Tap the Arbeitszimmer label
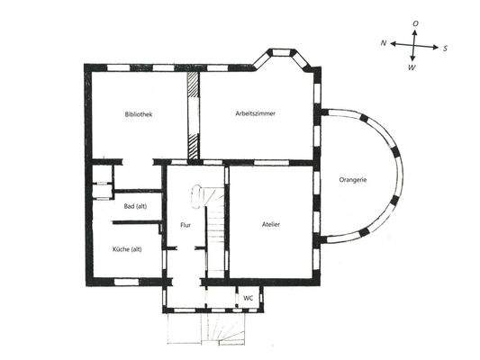pos(255,115)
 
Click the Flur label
pos(185,226)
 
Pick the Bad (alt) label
pos(134,206)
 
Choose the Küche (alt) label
pos(127,248)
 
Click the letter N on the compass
pos(383,42)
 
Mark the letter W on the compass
pos(412,67)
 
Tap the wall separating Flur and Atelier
pos(227,220)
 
